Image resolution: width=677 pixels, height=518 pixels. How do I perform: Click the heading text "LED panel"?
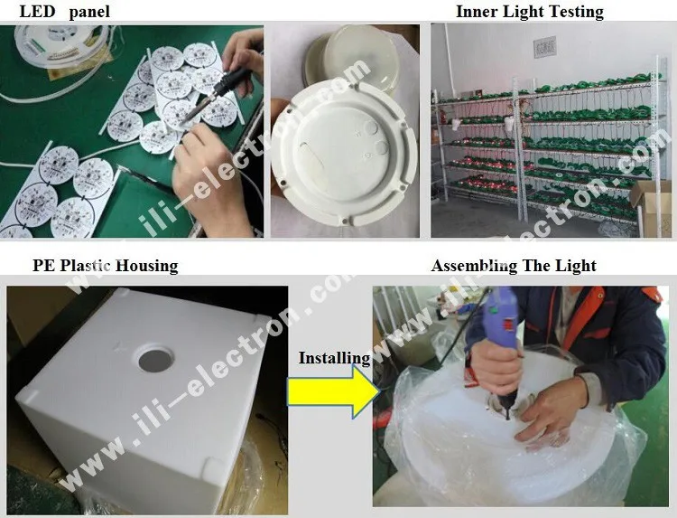(x=65, y=11)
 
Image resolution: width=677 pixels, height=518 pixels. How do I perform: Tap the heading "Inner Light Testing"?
(x=530, y=12)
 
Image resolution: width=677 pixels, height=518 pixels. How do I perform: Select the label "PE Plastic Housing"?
(x=106, y=266)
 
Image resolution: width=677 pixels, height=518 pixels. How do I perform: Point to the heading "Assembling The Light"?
(x=514, y=266)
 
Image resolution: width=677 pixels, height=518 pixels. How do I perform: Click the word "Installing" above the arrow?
(x=335, y=358)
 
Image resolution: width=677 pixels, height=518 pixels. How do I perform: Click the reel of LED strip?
(x=60, y=43)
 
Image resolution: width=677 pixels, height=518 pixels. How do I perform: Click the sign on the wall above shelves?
(x=544, y=48)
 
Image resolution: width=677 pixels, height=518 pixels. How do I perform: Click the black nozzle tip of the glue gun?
(x=507, y=410)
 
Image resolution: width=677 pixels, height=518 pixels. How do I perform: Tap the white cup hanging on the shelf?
(x=456, y=124)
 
